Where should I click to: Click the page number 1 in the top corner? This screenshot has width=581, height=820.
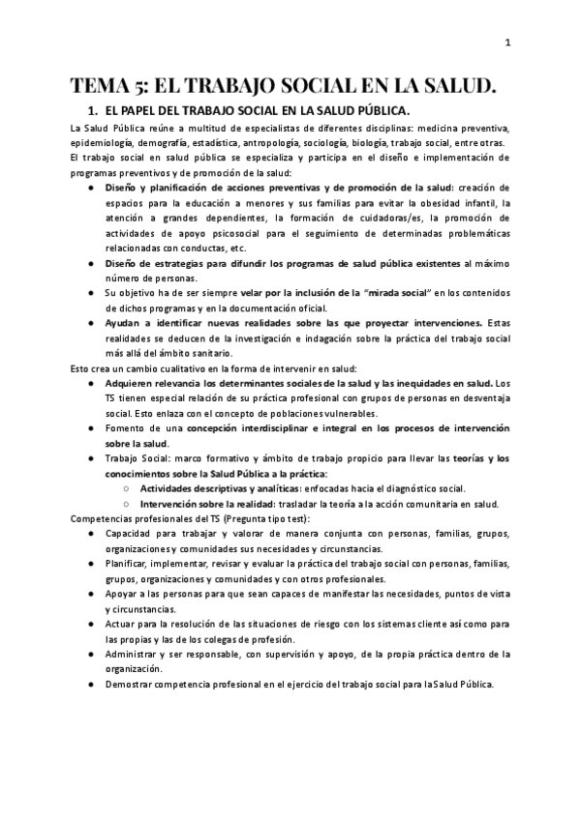pos(507,42)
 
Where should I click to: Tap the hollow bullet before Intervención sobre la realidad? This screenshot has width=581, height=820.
pos(129,504)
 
